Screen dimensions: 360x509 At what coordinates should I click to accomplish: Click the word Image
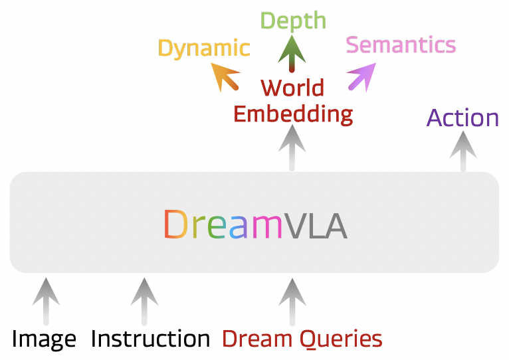(44, 339)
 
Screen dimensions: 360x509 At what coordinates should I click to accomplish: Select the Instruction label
(150, 339)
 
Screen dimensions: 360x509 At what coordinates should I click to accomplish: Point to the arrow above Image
(45, 300)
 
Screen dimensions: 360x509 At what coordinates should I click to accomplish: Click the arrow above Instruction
(144, 300)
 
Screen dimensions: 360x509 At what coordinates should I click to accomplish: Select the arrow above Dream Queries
(290, 300)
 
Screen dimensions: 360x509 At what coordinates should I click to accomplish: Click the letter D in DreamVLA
(175, 225)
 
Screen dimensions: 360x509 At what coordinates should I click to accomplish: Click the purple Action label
(462, 118)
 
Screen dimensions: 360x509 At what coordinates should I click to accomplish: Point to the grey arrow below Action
(462, 151)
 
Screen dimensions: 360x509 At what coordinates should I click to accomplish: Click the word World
(292, 88)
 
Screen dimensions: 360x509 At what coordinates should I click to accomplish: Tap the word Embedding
(293, 114)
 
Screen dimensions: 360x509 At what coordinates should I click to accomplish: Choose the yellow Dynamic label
(204, 48)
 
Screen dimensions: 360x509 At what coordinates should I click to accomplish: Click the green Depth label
(293, 21)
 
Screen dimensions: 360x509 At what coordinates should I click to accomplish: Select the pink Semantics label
(401, 45)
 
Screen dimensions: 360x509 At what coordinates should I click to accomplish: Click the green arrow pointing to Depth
(290, 54)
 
